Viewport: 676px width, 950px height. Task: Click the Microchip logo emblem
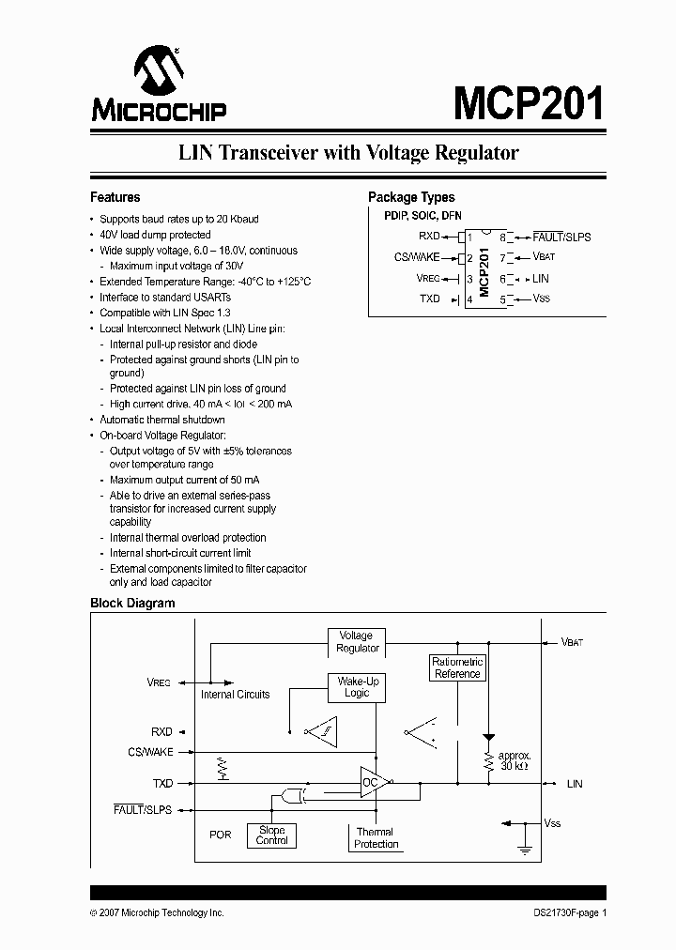click(x=158, y=71)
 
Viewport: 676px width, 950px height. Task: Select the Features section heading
click(x=115, y=197)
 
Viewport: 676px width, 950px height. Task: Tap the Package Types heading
click(x=411, y=197)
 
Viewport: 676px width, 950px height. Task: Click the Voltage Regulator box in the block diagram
click(x=356, y=642)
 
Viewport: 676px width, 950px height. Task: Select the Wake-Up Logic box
click(x=356, y=687)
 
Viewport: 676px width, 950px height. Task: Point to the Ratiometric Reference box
click(x=457, y=667)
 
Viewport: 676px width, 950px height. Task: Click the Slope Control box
click(x=272, y=835)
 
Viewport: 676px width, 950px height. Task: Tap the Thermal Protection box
click(x=376, y=837)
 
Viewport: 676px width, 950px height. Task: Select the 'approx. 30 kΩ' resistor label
click(x=515, y=760)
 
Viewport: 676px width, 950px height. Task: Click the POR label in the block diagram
click(x=220, y=834)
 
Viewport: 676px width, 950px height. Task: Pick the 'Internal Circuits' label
click(x=235, y=695)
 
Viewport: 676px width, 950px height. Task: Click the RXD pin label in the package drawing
click(x=429, y=237)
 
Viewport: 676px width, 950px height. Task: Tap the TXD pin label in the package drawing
click(x=429, y=299)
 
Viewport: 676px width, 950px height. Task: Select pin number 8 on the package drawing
click(x=502, y=237)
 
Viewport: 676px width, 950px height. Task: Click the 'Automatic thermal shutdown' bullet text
click(x=162, y=420)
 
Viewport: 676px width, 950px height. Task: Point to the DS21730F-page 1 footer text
click(x=561, y=912)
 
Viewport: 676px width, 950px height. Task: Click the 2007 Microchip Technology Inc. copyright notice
click(x=157, y=912)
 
